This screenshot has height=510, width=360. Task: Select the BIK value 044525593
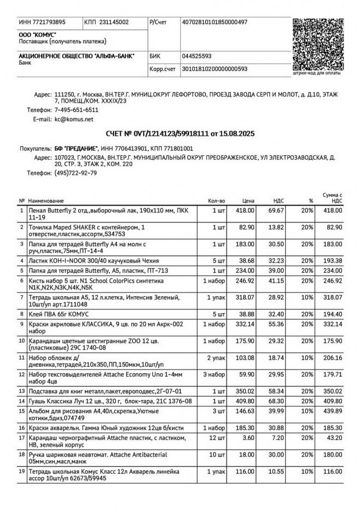[x=197, y=56]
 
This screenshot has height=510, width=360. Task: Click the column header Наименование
[x=46, y=201]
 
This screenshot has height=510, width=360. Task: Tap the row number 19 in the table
[x=21, y=471]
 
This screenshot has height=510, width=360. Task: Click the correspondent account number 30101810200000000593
[x=215, y=69]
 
